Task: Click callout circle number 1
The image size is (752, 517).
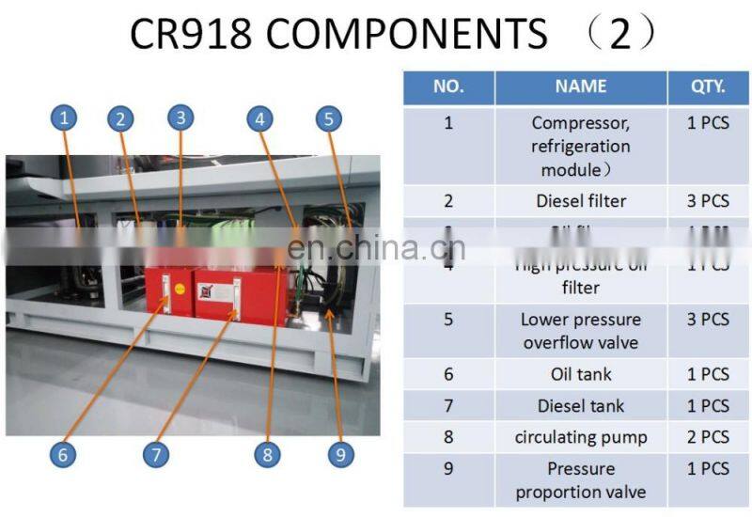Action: [64, 118]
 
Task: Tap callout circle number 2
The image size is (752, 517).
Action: [120, 118]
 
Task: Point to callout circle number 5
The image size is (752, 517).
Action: [327, 118]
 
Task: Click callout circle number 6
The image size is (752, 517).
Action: [62, 455]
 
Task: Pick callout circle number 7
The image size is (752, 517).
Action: [155, 455]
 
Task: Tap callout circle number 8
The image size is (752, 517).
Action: [267, 455]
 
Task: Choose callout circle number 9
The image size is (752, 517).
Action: [339, 455]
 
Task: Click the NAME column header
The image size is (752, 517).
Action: [581, 86]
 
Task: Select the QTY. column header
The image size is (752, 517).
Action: [708, 86]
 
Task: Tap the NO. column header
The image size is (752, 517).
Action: [448, 86]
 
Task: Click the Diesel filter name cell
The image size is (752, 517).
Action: [581, 200]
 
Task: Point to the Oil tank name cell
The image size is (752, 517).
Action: [581, 374]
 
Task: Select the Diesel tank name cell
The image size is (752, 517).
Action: [581, 406]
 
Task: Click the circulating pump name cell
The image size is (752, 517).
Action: [581, 437]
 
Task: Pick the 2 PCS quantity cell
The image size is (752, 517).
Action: [708, 437]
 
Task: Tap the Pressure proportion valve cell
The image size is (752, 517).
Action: [581, 480]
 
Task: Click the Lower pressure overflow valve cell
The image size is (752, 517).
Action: [581, 330]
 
